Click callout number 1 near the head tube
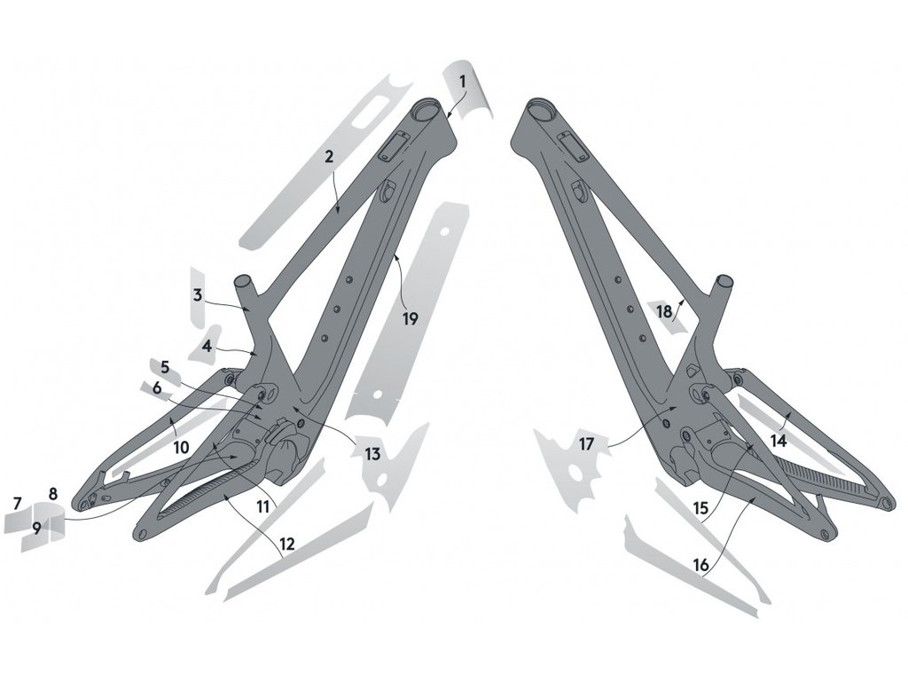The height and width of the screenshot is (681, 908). (463, 82)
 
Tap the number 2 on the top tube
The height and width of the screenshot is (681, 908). (329, 156)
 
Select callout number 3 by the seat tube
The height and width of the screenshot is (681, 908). (198, 295)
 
